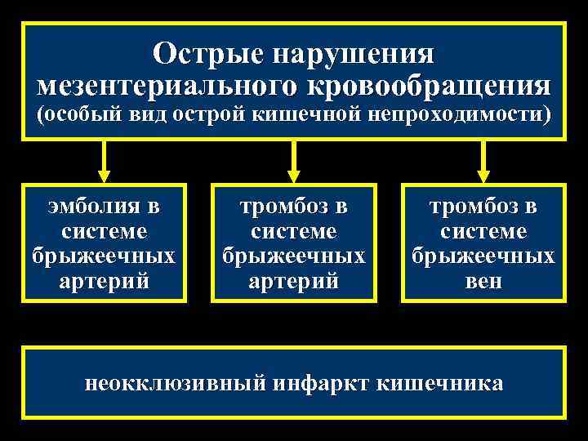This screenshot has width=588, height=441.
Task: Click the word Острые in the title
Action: [210, 55]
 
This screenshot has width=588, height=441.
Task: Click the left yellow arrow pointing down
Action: [104, 162]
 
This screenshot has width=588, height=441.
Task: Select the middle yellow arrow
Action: [294, 162]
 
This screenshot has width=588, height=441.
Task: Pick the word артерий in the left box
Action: [104, 283]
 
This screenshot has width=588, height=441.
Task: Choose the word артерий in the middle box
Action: [294, 283]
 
